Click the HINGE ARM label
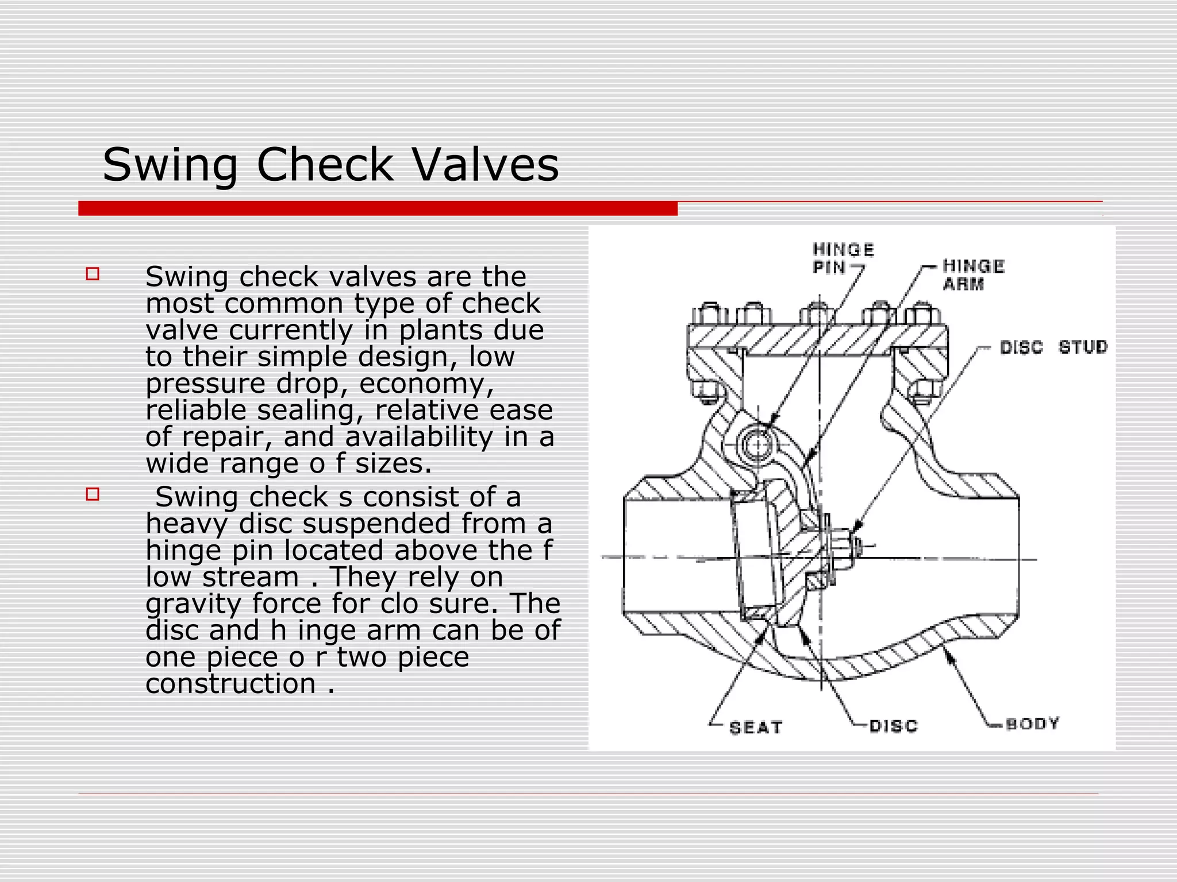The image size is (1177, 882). pyautogui.click(x=973, y=274)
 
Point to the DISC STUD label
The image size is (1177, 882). pyautogui.click(x=1053, y=347)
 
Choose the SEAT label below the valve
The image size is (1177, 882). pyautogui.click(x=756, y=728)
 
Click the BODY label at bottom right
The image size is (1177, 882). pyautogui.click(x=1032, y=724)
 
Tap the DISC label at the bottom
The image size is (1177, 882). pyautogui.click(x=893, y=726)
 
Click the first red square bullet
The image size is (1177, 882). pyautogui.click(x=93, y=274)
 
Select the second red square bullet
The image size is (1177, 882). pyautogui.click(x=93, y=494)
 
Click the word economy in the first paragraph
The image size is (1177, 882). pyautogui.click(x=426, y=384)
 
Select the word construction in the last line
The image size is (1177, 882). pyautogui.click(x=230, y=683)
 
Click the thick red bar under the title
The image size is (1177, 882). pyautogui.click(x=378, y=208)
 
